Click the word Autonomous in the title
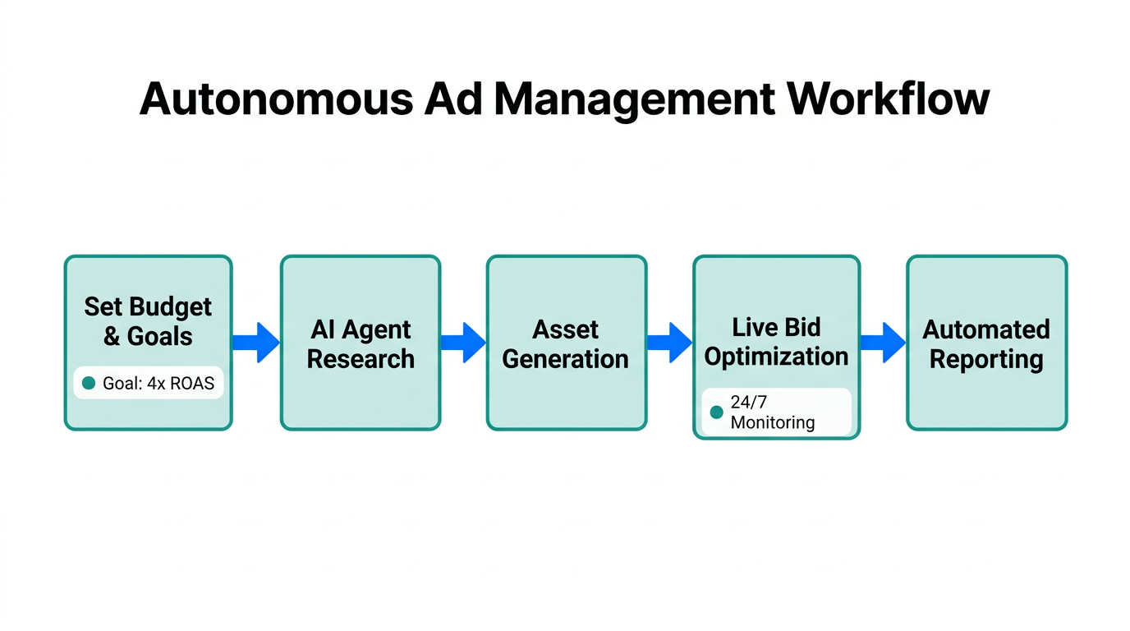tap(276, 99)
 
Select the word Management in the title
tap(634, 99)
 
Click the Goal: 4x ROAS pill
tap(149, 383)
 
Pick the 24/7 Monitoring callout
tap(776, 412)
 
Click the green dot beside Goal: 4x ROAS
tap(89, 383)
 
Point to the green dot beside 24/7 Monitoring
tap(716, 412)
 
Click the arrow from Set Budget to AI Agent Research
tap(256, 343)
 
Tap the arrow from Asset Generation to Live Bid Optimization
tap(669, 343)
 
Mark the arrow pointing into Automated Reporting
tap(883, 343)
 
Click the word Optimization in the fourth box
tap(776, 357)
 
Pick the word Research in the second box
tap(361, 359)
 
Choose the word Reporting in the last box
tap(986, 359)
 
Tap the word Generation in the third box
tap(566, 359)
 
